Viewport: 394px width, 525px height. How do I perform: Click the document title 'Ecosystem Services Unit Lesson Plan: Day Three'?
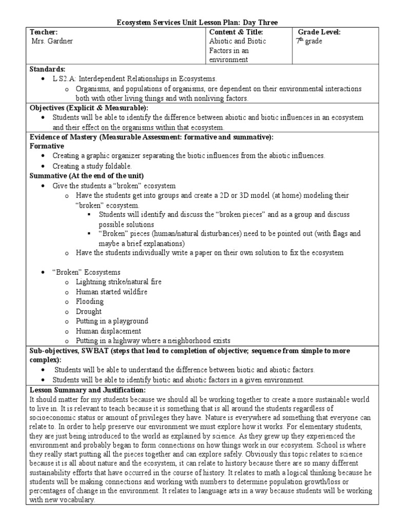pos(196,22)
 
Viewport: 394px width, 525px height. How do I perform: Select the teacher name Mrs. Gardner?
pos(50,42)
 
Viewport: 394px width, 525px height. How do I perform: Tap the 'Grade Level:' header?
pos(319,32)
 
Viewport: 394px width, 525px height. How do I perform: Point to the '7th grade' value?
pos(309,42)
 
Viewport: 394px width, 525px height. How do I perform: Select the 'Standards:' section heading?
pos(47,69)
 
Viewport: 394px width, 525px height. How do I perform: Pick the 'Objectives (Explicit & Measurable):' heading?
pos(89,108)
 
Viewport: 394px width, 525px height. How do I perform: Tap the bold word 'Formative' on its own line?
pos(47,147)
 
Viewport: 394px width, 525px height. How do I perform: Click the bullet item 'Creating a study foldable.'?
pos(92,167)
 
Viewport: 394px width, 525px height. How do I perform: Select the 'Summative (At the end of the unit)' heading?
pos(87,176)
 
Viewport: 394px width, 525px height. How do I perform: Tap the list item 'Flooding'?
pos(90,302)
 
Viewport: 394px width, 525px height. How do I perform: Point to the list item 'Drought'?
pos(89,312)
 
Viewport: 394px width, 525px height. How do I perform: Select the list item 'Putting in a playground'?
pos(112,321)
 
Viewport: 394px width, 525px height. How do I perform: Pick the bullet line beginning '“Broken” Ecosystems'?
pos(87,273)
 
